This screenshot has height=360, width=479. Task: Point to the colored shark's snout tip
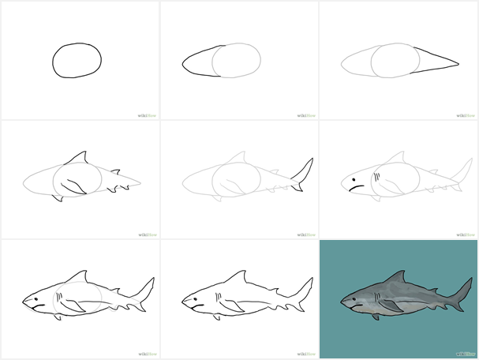[x=342, y=302]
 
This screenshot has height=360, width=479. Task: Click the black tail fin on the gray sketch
[x=303, y=174]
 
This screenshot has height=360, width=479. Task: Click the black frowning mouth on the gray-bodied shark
[x=356, y=188]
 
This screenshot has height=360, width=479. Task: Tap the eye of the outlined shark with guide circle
[x=36, y=299]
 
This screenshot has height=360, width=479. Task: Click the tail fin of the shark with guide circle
[x=146, y=291]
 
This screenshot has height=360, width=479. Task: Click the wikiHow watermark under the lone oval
[x=147, y=115]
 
